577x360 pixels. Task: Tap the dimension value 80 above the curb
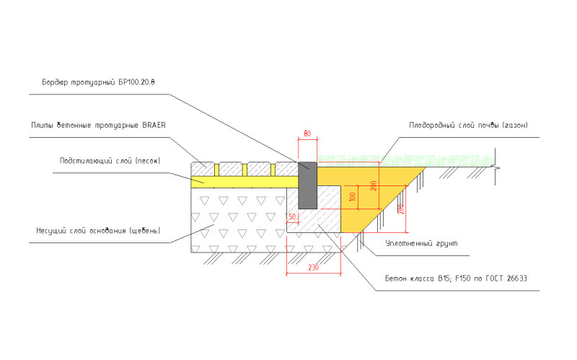(307, 133)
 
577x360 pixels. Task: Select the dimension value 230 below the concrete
(313, 268)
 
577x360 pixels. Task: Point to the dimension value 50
(292, 216)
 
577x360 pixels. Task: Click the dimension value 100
(353, 197)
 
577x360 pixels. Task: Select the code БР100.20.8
(136, 82)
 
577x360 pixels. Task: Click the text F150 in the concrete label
(457, 278)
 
